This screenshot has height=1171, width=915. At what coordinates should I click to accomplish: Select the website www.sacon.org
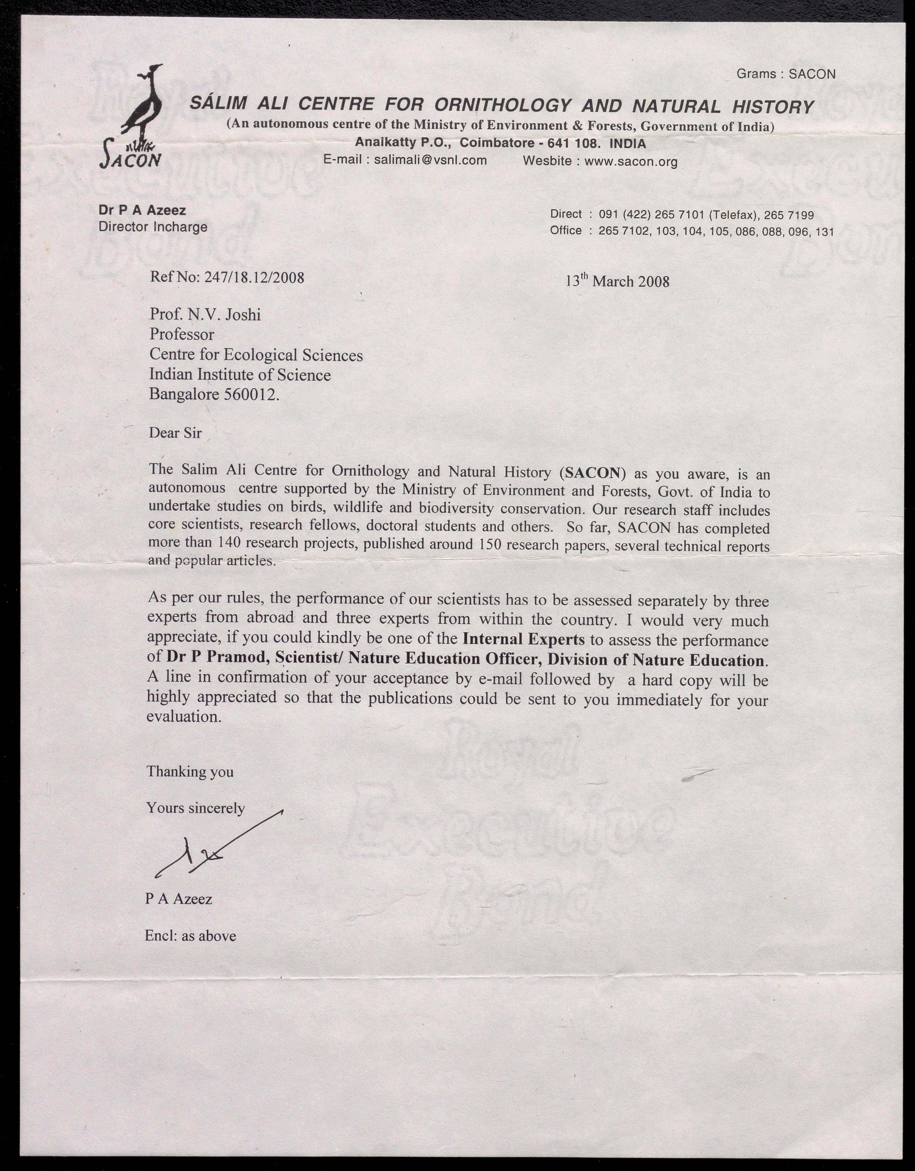[630, 161]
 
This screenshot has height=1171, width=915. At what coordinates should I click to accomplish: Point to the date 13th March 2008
[617, 281]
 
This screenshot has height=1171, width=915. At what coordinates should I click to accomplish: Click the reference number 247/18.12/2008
[258, 277]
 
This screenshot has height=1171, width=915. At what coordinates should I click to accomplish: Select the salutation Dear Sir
[175, 433]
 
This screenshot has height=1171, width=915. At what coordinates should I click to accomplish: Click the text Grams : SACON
[785, 74]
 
